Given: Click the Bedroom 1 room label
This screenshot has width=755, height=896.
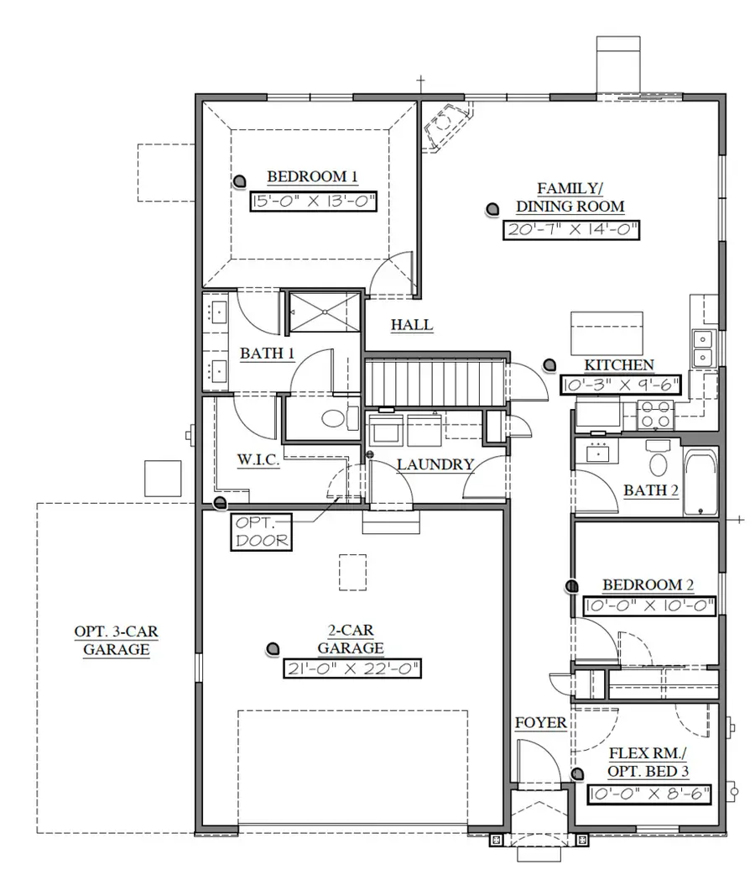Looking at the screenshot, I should (312, 176).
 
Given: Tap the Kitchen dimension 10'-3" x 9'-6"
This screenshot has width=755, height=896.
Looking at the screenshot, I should (619, 385).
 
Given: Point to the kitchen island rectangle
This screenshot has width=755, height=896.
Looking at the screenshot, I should (607, 333).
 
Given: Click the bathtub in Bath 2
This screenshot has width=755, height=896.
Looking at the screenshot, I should (700, 483).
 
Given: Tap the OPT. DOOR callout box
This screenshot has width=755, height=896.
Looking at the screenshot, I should (261, 532).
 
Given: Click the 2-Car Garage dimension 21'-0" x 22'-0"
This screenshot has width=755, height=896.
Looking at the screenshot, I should (351, 668).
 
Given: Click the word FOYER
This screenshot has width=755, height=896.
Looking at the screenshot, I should (540, 722).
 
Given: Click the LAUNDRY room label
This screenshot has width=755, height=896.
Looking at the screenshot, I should (435, 464).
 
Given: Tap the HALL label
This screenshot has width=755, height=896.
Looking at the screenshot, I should (411, 325).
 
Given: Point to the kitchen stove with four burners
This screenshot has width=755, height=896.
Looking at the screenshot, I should (658, 414).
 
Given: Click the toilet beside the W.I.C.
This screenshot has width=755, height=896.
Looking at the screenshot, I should (336, 418).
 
